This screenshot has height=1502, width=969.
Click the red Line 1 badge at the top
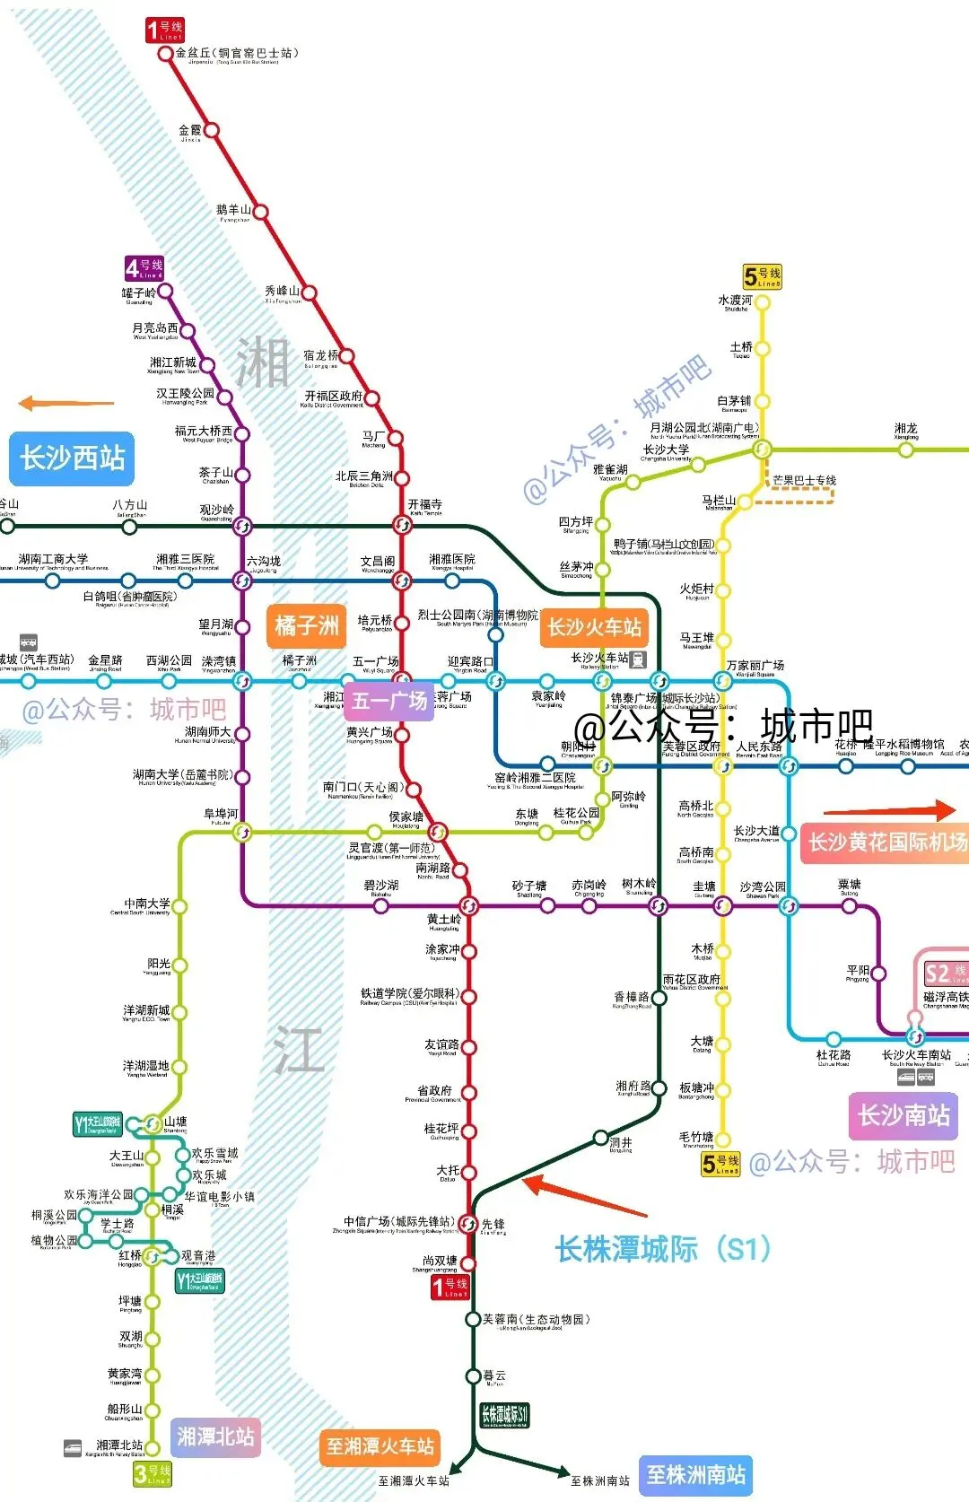(x=165, y=31)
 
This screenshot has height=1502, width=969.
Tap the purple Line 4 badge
(x=144, y=268)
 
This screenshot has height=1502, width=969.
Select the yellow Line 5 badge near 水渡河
(x=763, y=276)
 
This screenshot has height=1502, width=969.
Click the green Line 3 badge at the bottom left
(x=151, y=1473)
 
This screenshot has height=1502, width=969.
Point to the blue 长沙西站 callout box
(x=72, y=458)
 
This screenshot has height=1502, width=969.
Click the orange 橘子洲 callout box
(x=307, y=625)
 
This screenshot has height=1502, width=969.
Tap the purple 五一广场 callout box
(x=389, y=701)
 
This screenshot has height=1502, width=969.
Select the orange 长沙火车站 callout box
(x=595, y=627)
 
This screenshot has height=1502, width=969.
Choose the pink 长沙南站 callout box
(x=904, y=1115)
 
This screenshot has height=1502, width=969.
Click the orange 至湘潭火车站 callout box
(x=380, y=1446)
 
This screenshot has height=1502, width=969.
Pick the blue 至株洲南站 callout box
(x=696, y=1475)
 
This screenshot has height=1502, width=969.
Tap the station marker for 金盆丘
(x=165, y=54)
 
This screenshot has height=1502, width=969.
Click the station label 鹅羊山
(x=233, y=211)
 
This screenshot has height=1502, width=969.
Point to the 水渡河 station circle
(x=763, y=303)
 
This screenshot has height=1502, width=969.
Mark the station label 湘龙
(x=905, y=430)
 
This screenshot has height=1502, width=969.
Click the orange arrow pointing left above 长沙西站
(x=66, y=404)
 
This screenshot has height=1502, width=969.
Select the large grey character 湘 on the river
(x=262, y=363)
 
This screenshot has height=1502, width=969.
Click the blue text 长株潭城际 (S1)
(x=662, y=1248)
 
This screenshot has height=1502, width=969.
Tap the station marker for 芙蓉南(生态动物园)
(x=473, y=1319)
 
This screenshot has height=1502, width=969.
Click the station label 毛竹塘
(x=696, y=1137)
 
